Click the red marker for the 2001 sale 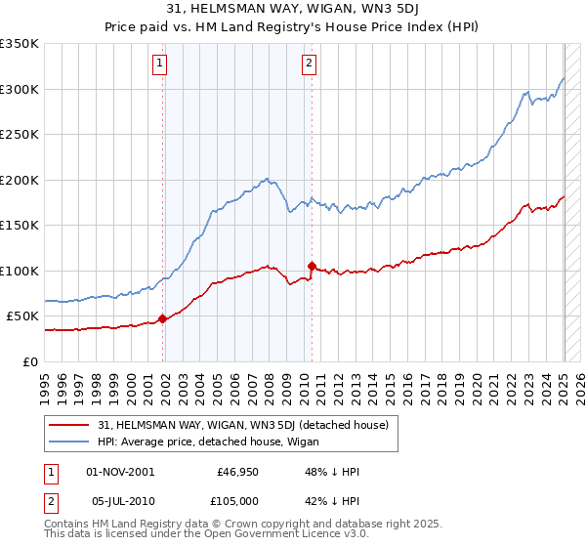click(x=162, y=318)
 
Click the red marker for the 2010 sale click(x=312, y=266)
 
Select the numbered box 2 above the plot click(x=309, y=64)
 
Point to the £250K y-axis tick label click(x=20, y=134)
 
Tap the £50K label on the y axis click(x=23, y=316)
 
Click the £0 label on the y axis click(x=31, y=361)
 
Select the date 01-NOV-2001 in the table click(x=120, y=472)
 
